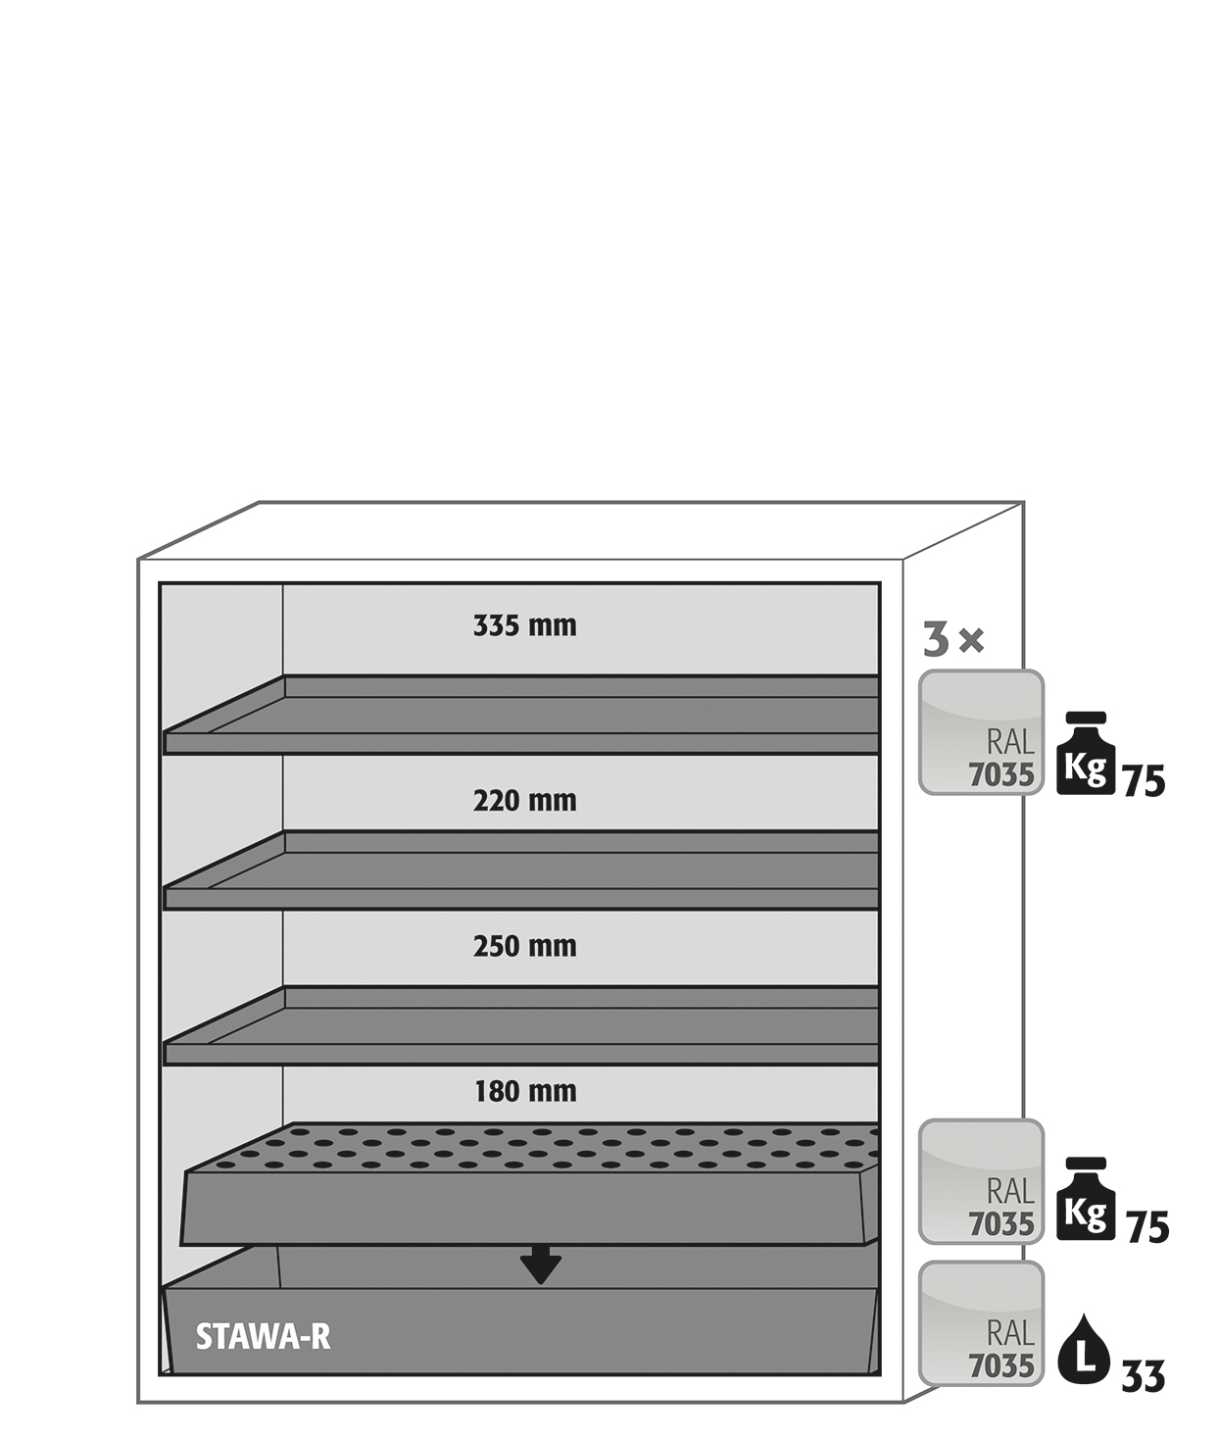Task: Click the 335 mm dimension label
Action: tap(525, 625)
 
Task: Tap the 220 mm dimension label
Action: tap(525, 801)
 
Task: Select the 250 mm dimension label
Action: tap(525, 946)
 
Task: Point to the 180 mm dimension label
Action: tap(525, 1091)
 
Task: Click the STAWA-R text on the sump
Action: tap(263, 1337)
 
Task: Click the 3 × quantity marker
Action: tap(952, 640)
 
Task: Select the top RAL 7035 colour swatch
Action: tap(982, 732)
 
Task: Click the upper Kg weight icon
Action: tap(1086, 753)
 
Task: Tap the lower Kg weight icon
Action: tap(1086, 1199)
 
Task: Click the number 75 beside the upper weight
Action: tap(1144, 782)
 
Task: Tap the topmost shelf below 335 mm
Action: tap(520, 715)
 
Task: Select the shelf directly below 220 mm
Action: tap(520, 870)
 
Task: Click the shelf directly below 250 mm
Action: tap(520, 1025)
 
